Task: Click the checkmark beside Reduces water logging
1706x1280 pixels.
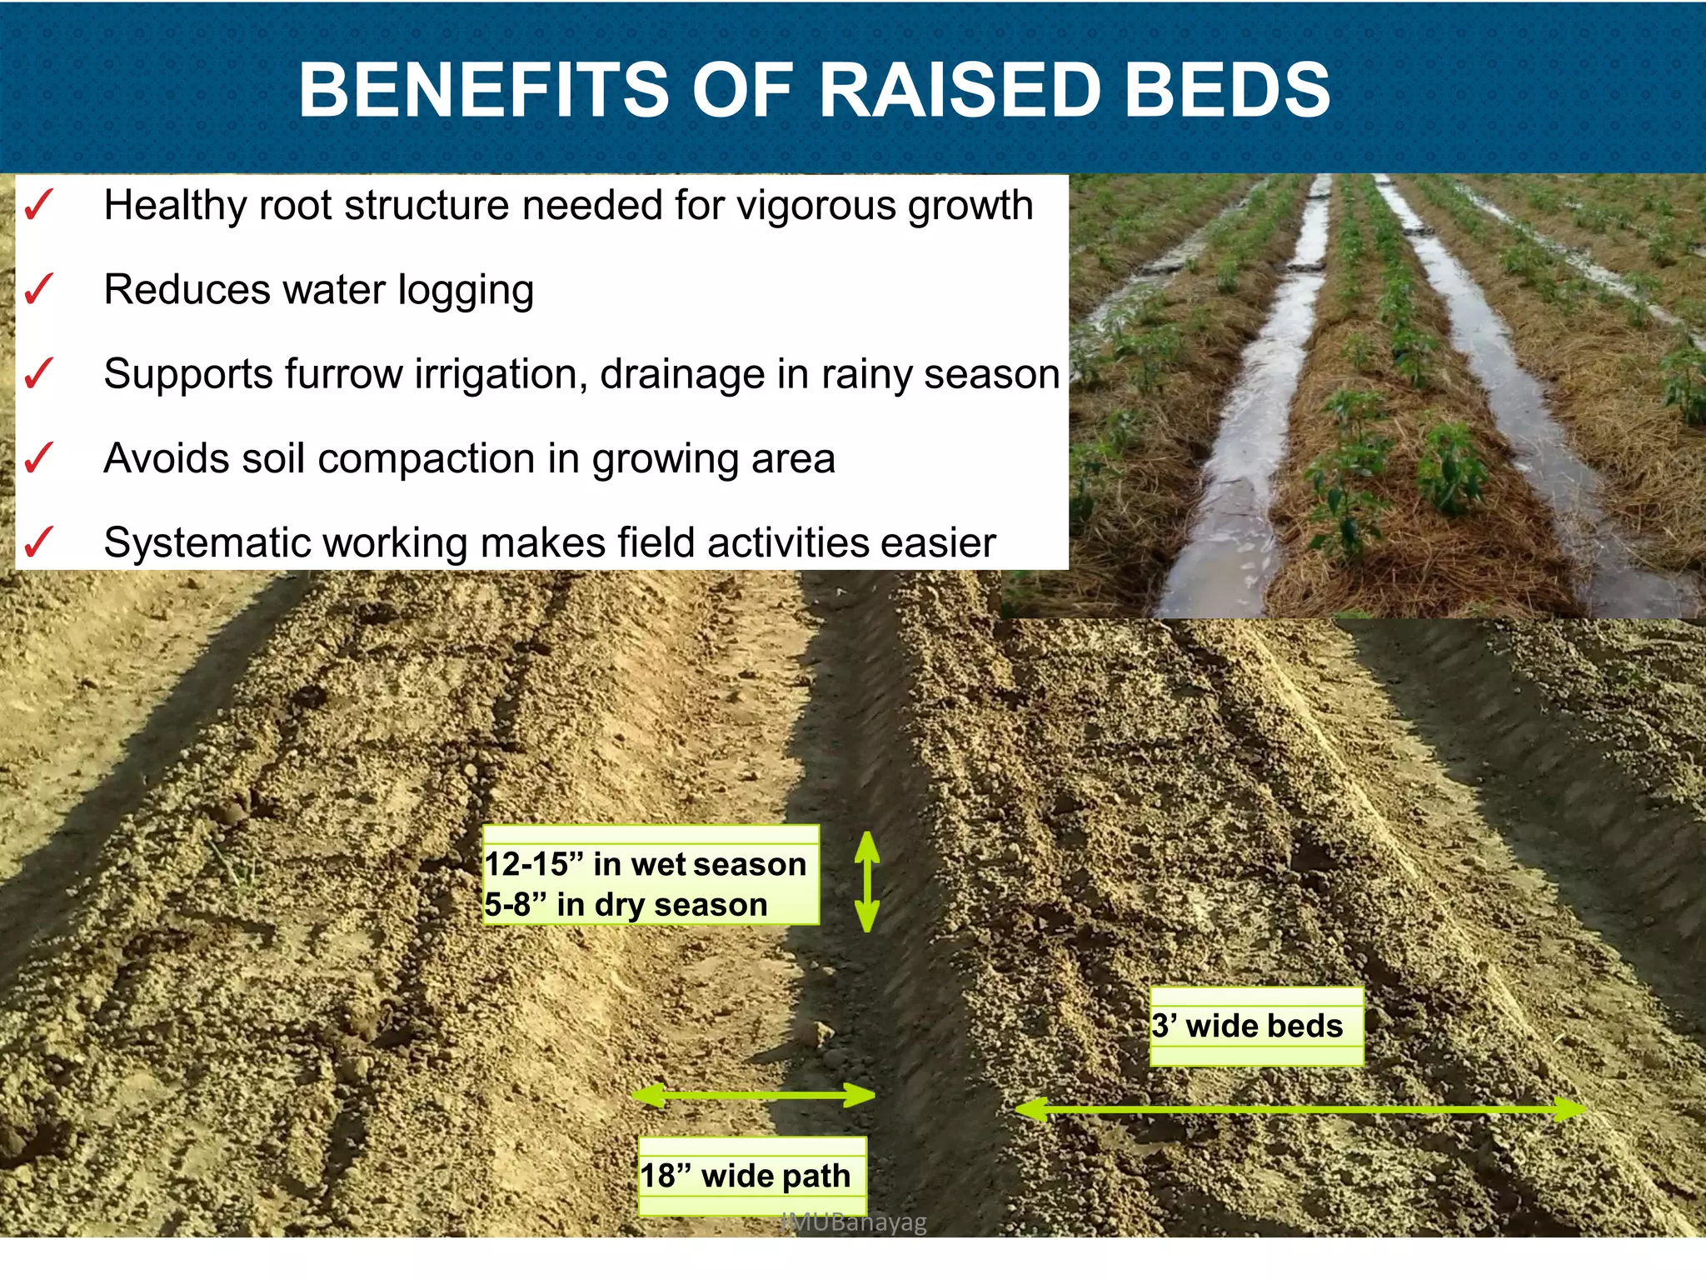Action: (x=38, y=289)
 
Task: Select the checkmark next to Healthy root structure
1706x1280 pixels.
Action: (x=38, y=205)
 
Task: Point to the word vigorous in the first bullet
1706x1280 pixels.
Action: (x=821, y=206)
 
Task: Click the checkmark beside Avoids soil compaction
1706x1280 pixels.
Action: (x=38, y=457)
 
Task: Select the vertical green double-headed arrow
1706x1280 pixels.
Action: (x=867, y=881)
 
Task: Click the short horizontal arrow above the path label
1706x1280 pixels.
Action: (x=754, y=1095)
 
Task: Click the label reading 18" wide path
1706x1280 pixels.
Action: (x=746, y=1176)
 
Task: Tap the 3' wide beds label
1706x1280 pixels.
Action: (x=1248, y=1026)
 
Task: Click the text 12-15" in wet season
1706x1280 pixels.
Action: (x=646, y=864)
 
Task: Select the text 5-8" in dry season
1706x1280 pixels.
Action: (x=626, y=904)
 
